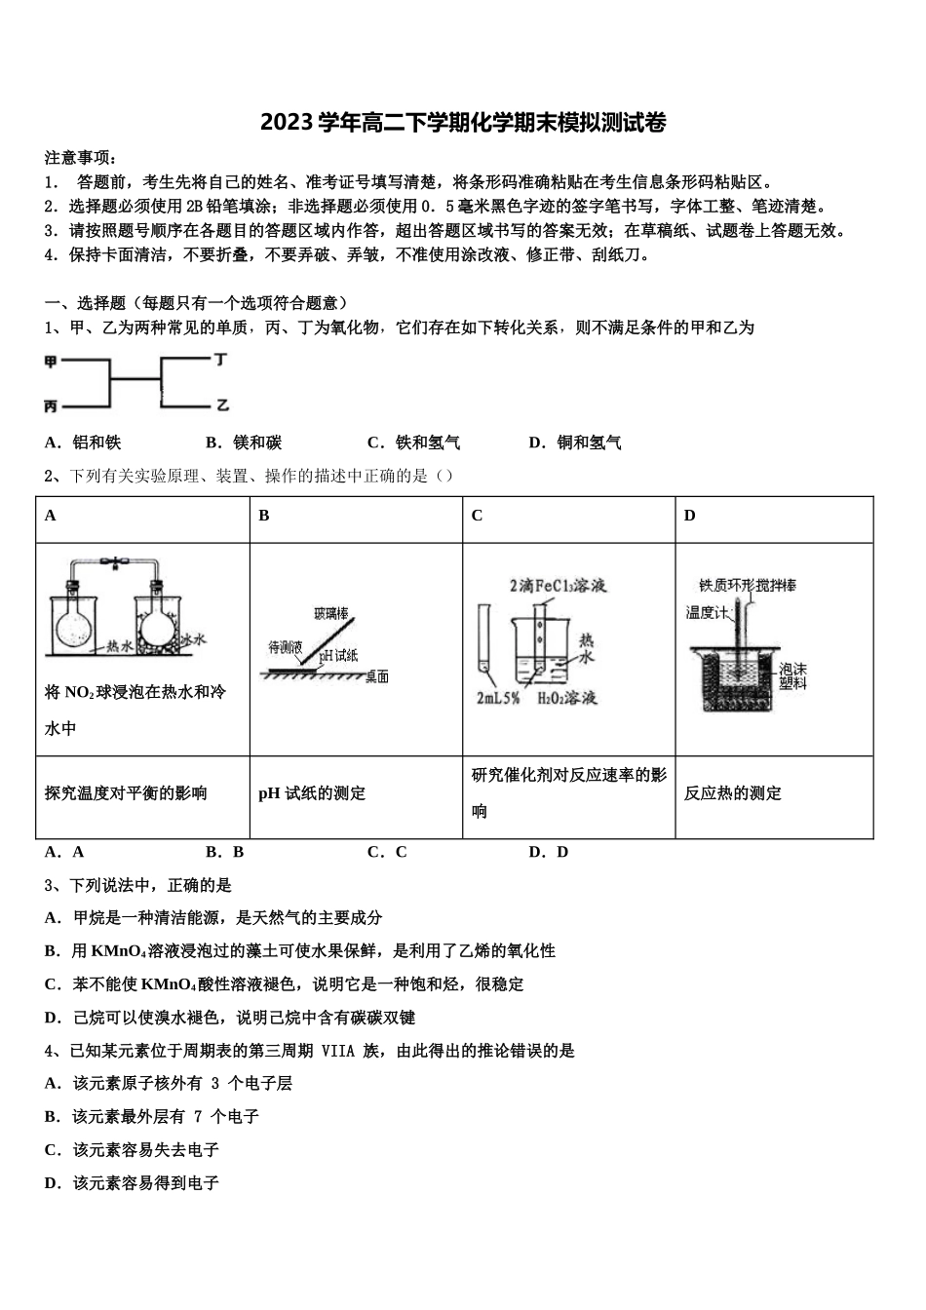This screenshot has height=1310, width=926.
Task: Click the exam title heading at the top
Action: pos(463,123)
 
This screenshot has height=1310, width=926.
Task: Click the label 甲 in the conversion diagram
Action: pos(51,363)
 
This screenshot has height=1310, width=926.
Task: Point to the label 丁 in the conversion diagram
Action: pos(221,360)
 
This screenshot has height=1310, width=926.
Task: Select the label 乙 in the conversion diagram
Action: pos(222,405)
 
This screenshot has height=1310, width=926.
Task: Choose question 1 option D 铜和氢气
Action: pos(575,443)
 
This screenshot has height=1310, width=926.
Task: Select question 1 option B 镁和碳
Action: pos(245,443)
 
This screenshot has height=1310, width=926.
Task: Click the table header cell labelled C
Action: pos(477,516)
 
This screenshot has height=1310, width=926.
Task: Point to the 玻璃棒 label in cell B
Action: pos(331,613)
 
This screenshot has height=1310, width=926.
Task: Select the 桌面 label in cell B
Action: pos(377,676)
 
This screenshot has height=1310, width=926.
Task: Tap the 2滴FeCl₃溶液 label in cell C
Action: pos(557,586)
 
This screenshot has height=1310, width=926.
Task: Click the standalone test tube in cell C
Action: pos(483,638)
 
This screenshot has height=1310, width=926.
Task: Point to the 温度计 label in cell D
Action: pos(707,612)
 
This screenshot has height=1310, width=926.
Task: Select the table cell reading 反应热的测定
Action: pos(733,793)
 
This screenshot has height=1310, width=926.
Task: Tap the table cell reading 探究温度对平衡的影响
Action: pos(126,793)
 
